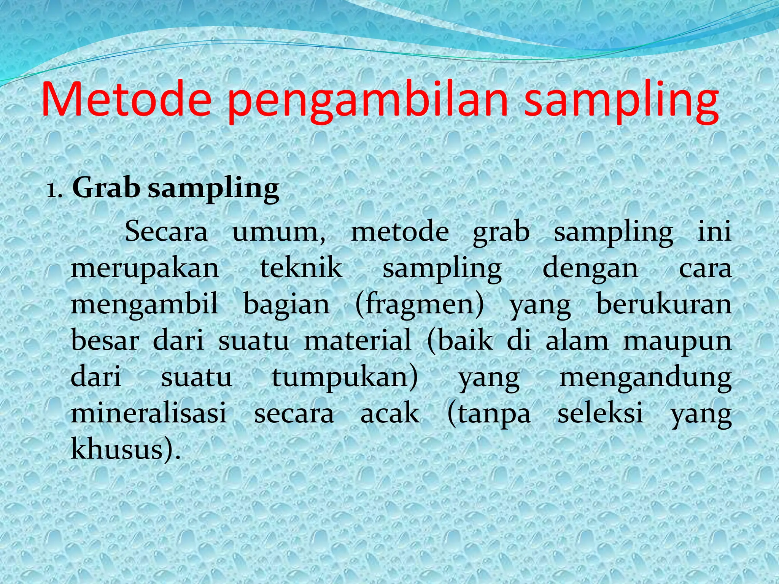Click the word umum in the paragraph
(278, 232)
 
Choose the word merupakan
(145, 268)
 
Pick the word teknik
(301, 268)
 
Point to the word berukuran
(664, 304)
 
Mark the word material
(358, 340)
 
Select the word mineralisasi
(149, 413)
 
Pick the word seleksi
(600, 413)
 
